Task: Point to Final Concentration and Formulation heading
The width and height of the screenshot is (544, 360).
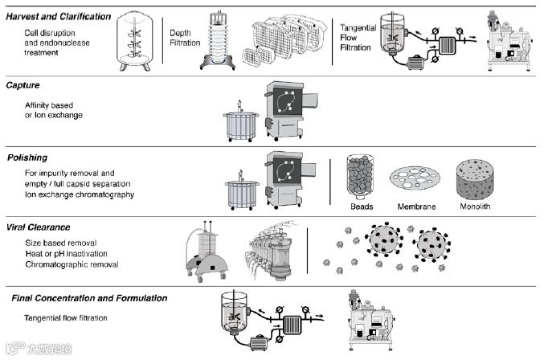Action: pos(89,297)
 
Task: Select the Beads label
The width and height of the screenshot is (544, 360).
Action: pos(361,207)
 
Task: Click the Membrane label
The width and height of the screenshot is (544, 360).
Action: pos(418,207)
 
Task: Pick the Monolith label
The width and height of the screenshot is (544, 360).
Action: pos(478,207)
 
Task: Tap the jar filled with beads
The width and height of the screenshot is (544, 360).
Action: pos(361,177)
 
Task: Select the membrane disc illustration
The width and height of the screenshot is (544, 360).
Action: pos(418,178)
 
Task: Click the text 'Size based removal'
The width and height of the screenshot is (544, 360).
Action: pos(59,242)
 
